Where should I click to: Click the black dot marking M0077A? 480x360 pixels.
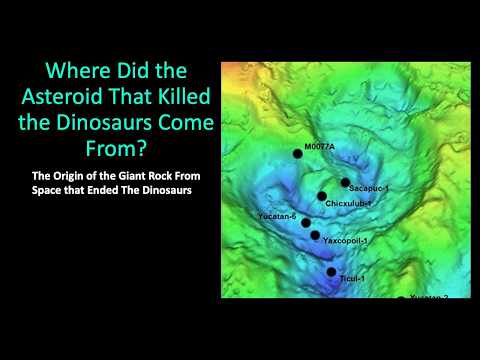pos(297,153)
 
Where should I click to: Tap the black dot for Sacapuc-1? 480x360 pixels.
pos(345,183)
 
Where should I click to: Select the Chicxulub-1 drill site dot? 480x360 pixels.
pos(322,196)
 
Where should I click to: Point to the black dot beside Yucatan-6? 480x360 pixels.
pos(306,223)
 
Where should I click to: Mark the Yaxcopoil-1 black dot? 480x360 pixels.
pos(315,236)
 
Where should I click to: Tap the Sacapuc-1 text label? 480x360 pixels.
pos(370,187)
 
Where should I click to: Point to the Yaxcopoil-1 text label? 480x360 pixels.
pos(347,241)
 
